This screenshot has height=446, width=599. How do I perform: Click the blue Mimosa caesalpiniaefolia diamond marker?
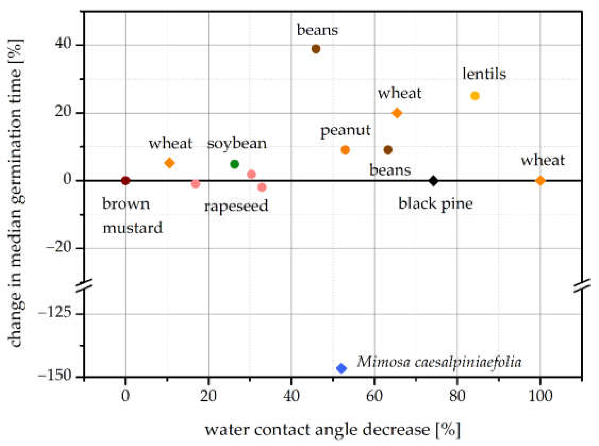click(x=341, y=368)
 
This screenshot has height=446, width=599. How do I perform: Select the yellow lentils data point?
click(x=475, y=96)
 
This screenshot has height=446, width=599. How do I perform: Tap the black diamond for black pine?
click(x=433, y=181)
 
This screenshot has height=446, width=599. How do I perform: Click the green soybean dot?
click(x=234, y=164)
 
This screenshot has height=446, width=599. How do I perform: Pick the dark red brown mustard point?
click(x=126, y=181)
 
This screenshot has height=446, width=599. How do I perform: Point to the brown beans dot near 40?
click(x=316, y=49)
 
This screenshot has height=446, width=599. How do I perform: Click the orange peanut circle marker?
click(x=345, y=150)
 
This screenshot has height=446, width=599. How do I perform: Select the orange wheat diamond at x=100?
click(x=540, y=181)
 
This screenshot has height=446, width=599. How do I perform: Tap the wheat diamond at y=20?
click(x=397, y=113)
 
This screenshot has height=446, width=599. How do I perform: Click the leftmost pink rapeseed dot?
click(x=195, y=184)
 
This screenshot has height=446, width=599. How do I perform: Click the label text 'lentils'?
click(x=484, y=74)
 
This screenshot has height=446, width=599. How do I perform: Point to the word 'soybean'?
click(x=237, y=144)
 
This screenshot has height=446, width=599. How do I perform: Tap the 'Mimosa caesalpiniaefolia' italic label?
click(x=439, y=362)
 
